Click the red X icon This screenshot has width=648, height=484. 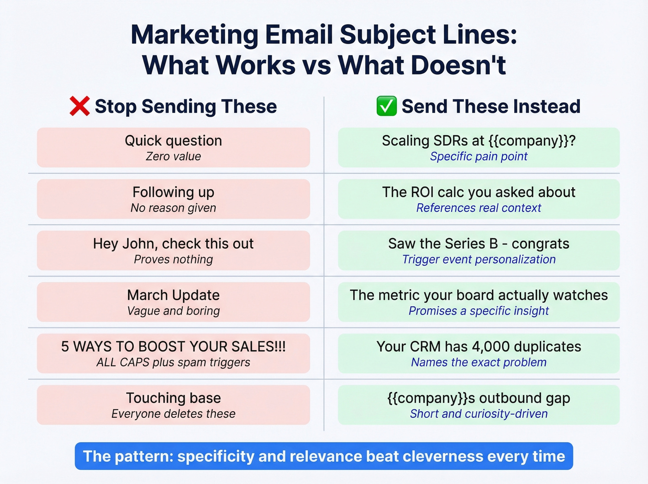tap(79, 106)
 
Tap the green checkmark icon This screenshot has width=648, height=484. tap(386, 106)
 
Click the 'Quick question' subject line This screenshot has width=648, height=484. tap(173, 141)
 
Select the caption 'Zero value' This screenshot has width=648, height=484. tap(173, 157)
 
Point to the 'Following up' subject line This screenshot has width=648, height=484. tap(173, 192)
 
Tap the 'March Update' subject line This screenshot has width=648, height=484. tap(173, 295)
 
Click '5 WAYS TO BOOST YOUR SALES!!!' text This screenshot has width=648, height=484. tap(173, 346)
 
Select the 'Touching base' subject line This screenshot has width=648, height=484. tap(173, 398)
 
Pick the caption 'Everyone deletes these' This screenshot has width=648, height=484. tap(173, 414)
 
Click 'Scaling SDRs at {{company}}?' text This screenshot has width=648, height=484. tap(479, 141)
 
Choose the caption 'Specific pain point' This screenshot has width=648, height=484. tap(479, 157)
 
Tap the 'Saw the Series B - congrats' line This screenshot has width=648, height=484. tap(479, 244)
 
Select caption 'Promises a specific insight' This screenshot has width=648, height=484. tap(479, 311)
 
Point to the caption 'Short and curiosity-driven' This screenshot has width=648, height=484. tap(479, 414)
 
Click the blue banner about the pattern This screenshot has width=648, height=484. tap(324, 456)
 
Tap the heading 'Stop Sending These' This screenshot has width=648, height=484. tap(186, 107)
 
